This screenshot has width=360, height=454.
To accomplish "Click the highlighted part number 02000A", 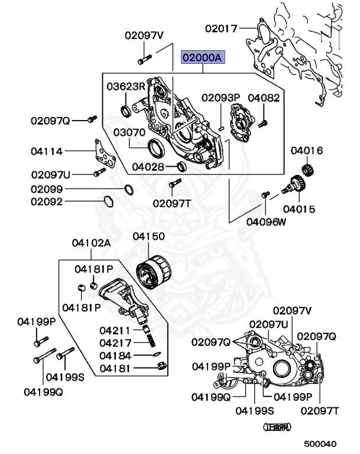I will coord(203,58).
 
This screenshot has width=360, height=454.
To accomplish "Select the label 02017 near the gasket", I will coord(221,27).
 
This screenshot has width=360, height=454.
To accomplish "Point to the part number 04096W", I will coord(265,222).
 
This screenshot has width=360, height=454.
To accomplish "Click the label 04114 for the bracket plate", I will coord(47,151).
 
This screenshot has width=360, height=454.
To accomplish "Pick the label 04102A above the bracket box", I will coord(92,242).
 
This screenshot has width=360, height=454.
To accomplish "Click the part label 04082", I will coord(264,97).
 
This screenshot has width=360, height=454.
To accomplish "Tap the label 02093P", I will coord(220,97).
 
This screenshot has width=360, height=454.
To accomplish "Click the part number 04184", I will coord(115,355).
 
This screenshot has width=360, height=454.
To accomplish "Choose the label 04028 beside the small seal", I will coord(148,167).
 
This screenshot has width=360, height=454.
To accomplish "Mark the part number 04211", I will coord(115,330).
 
